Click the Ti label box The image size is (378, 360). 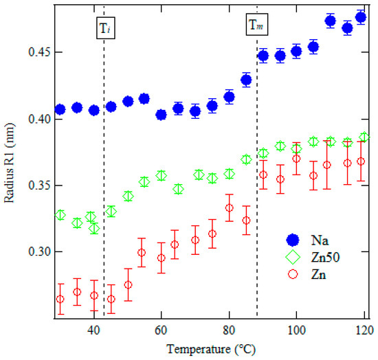[106, 28]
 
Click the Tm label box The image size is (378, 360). [257, 24]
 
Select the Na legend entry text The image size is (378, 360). [320, 240]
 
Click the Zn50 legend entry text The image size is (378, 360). [325, 257]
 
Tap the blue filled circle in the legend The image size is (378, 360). [293, 240]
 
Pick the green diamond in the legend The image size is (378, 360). [293, 257]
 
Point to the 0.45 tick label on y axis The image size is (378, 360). [39, 52]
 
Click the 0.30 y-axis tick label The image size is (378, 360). [39, 251]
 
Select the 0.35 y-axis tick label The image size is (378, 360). [39, 185]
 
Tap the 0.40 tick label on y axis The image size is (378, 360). [39, 119]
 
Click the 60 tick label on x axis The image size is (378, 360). [161, 330]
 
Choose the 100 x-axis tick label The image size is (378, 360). [296, 330]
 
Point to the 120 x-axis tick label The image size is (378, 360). [365, 330]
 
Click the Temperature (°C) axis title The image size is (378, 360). [211, 349]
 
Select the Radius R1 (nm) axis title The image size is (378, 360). [9, 163]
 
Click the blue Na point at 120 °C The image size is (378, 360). [361, 17]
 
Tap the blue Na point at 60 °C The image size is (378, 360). [161, 115]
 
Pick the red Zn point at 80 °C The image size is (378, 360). [230, 207]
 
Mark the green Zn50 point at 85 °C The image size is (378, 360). [246, 159]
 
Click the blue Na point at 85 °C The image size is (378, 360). [246, 80]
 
